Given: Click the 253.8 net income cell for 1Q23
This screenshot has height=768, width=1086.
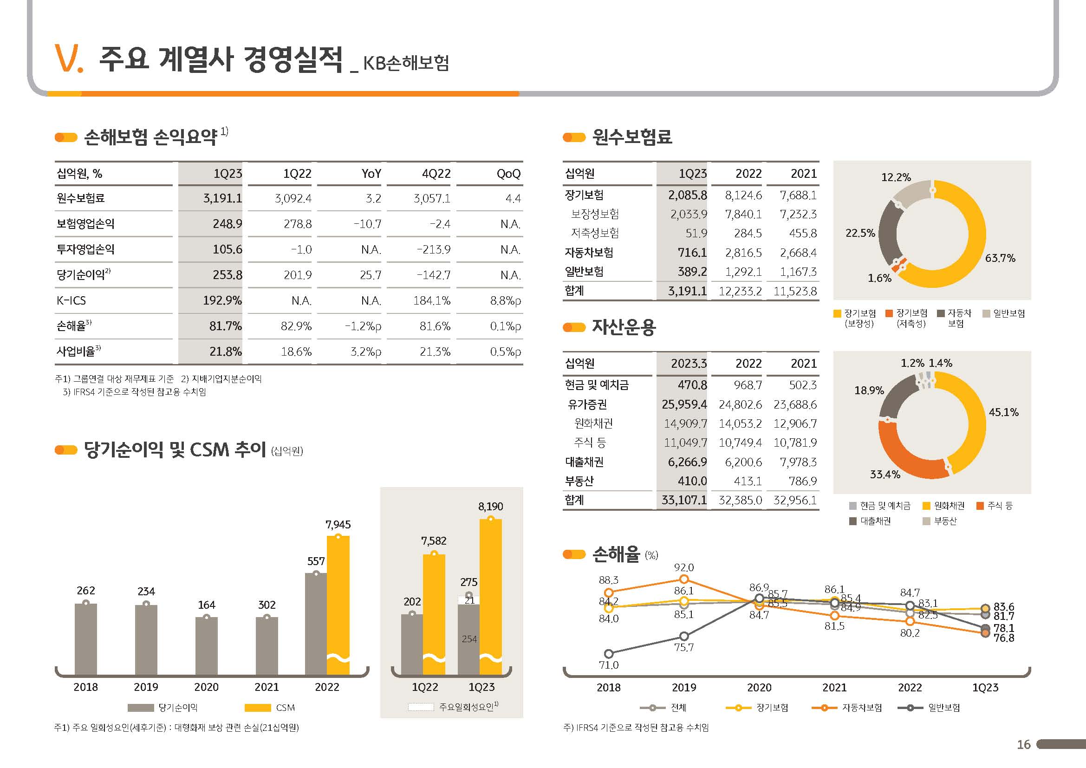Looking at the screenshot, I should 227,275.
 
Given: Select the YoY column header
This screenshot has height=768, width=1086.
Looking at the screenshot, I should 371,174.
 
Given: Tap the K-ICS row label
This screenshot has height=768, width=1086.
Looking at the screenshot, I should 71,301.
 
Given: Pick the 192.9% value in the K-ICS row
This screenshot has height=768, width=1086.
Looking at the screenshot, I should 222,301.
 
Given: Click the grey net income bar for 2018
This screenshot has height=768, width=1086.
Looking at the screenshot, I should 85,638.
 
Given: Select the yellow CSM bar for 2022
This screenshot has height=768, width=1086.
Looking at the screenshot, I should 338,600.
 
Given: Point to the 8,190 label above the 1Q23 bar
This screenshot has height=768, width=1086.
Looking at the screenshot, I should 490,507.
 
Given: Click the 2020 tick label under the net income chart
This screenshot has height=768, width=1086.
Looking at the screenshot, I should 206,687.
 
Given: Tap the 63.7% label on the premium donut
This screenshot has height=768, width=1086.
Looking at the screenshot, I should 1000,258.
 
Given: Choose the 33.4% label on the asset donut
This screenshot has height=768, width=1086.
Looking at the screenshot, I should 885,475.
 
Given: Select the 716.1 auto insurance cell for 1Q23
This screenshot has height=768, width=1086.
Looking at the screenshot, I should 692,253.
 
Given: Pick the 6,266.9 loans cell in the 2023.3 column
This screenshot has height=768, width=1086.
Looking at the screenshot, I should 687,462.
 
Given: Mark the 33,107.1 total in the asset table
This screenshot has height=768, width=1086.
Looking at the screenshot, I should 684,501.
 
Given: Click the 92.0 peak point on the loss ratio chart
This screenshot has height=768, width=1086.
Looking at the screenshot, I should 684,579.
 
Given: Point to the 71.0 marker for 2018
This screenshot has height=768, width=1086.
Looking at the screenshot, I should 609,654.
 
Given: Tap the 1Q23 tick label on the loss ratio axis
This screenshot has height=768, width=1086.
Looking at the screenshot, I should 985,688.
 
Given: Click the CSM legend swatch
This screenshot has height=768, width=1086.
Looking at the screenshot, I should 257,708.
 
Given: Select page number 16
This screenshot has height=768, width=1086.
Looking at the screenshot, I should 1024,745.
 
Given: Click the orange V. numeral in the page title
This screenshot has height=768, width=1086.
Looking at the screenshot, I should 69,59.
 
